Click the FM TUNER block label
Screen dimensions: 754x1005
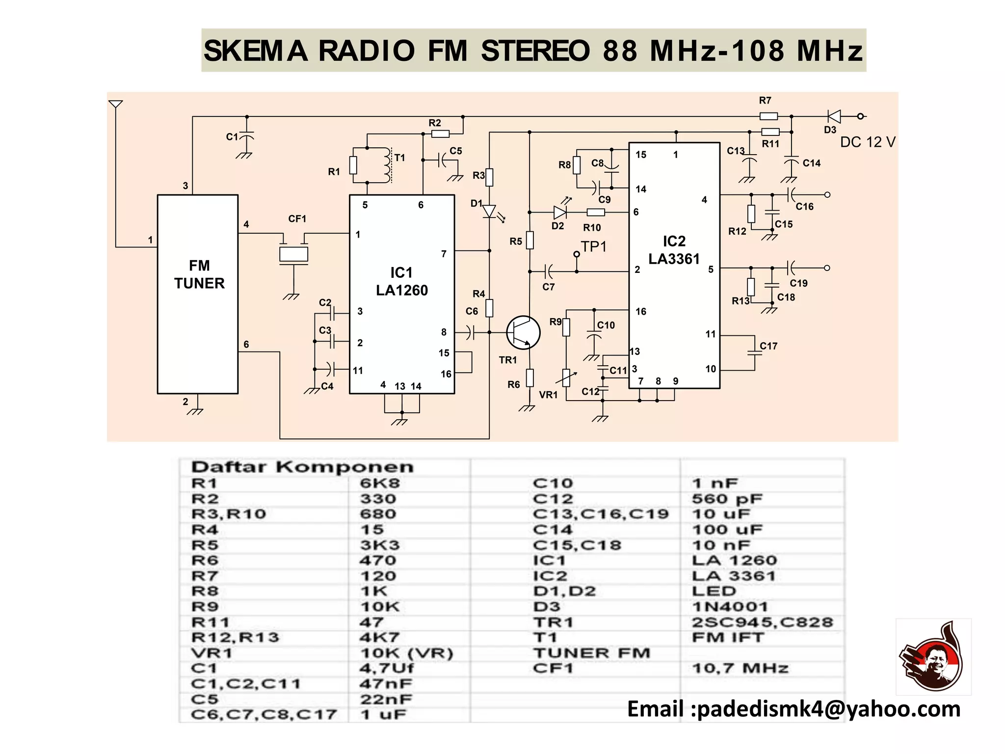point(199,274)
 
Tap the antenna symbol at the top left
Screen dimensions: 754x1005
point(115,105)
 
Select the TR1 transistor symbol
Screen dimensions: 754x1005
point(523,332)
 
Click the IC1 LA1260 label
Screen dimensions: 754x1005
point(401,282)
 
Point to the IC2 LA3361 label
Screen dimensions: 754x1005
point(674,250)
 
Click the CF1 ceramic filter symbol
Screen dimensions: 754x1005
point(293,254)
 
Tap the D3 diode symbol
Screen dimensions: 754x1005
point(833,116)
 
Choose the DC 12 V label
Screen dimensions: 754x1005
point(868,142)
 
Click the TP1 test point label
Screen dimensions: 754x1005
point(594,246)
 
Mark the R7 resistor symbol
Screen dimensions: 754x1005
point(768,116)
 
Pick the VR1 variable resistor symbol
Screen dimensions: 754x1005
point(566,377)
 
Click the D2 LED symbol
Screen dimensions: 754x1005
point(560,212)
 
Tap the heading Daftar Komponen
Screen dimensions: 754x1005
point(302,467)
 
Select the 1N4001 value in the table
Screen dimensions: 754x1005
point(730,607)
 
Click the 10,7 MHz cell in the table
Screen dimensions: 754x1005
point(740,668)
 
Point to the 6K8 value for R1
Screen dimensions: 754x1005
point(380,483)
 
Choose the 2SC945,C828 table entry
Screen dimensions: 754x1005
point(762,622)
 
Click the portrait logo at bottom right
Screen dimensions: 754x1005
point(933,657)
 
